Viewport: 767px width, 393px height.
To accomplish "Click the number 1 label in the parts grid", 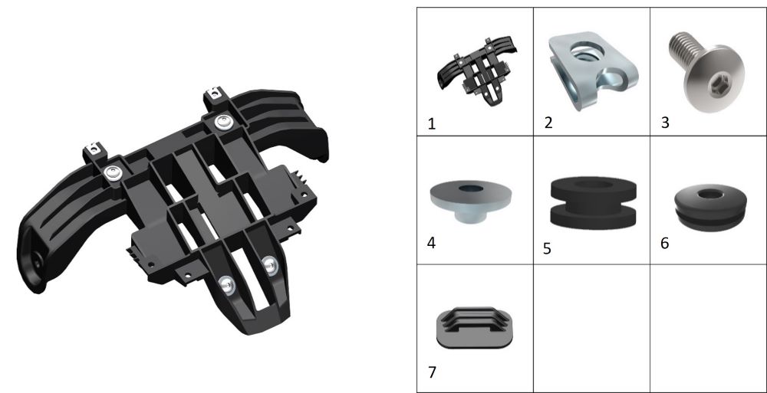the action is [x=431, y=124].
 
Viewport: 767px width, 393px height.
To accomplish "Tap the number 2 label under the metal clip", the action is [x=548, y=123].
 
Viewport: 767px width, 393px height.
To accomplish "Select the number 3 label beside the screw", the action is [x=665, y=123].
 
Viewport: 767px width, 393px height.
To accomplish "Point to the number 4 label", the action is [x=431, y=243].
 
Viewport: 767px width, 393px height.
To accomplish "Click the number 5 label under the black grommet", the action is [x=547, y=249].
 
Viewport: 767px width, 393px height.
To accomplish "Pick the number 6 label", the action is [x=664, y=243].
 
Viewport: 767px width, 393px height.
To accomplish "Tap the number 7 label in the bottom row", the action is [x=431, y=372].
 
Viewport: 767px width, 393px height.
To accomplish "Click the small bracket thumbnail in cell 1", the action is [x=477, y=71].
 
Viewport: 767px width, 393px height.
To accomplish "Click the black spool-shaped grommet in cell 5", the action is [x=594, y=202].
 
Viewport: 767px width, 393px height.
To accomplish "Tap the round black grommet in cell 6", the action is [x=710, y=207].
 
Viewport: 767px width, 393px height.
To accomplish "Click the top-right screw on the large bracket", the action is [x=223, y=122].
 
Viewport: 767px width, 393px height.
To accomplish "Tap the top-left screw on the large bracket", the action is [x=113, y=173].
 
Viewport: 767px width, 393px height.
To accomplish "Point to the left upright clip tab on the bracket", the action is [x=94, y=152].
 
